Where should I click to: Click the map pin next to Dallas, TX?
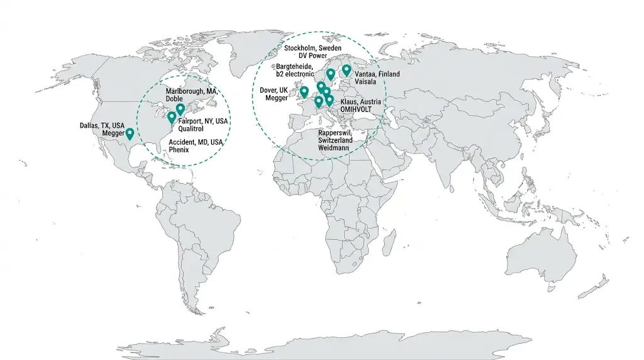[130, 133]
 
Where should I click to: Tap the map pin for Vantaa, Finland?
[347, 69]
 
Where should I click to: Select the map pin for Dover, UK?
[304, 92]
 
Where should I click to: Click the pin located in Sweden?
[331, 74]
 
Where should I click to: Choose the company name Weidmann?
[333, 148]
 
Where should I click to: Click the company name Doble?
[174, 99]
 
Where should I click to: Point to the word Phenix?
[179, 150]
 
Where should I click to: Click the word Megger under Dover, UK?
[276, 98]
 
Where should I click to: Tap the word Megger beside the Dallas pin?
[113, 133]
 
